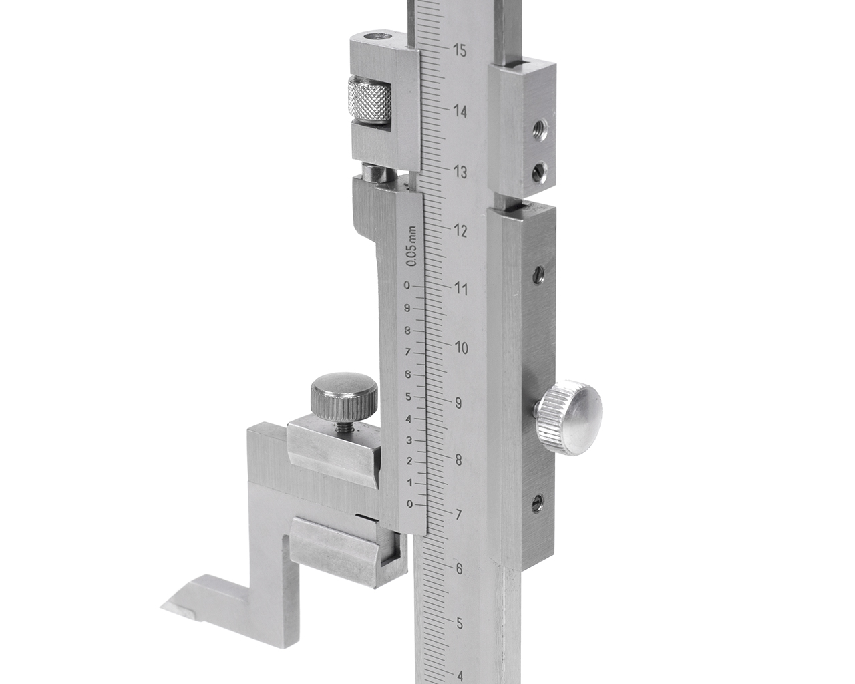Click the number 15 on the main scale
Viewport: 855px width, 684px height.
460,51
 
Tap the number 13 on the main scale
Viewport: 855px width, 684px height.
460,172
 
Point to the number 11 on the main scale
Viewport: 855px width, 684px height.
461,289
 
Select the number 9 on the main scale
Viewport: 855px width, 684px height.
458,403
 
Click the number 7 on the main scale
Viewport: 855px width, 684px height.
458,515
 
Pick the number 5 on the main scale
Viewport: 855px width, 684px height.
460,623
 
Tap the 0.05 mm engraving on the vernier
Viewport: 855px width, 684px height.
413,246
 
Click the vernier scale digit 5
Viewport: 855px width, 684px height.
408,397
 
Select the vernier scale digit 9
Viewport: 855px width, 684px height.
407,308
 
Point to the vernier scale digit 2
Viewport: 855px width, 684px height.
409,462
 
